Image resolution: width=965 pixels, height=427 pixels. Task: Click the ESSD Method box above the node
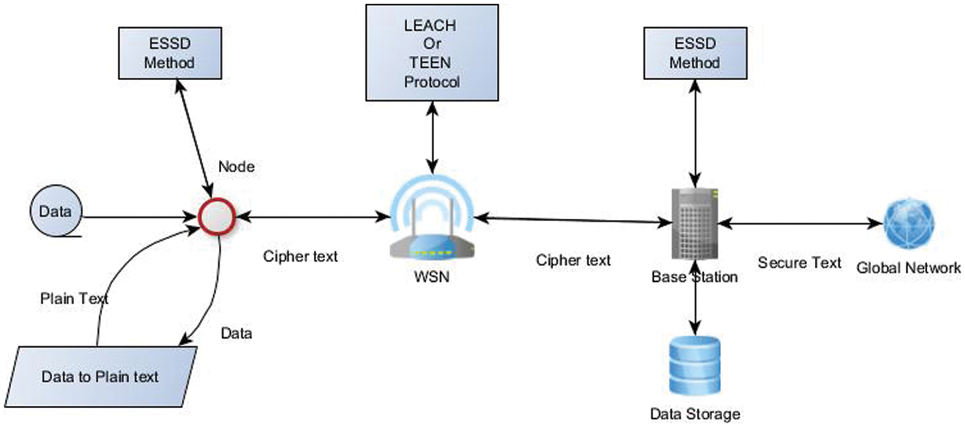[x=170, y=53]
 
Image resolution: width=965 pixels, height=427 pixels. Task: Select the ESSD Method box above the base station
[x=695, y=53]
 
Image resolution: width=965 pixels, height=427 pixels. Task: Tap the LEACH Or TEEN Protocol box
[x=432, y=53]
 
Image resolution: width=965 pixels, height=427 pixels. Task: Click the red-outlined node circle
[x=217, y=217]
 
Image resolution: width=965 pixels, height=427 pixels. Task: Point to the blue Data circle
[x=55, y=211]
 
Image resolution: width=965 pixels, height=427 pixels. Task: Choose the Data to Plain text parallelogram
[x=101, y=376]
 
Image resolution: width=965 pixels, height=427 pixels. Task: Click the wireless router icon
[x=432, y=223]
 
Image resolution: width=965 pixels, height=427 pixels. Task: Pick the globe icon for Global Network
[x=909, y=223]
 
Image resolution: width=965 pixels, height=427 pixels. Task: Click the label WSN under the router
[x=432, y=277]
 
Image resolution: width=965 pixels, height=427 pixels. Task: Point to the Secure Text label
[x=799, y=262]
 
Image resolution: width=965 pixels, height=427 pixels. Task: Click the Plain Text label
[x=74, y=299]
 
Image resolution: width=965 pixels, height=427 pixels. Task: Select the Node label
[x=236, y=167]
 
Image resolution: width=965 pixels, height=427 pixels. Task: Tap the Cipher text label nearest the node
[x=300, y=256]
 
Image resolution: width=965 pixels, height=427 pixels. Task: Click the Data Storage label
[x=695, y=414]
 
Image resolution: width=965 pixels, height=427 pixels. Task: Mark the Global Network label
[x=908, y=268]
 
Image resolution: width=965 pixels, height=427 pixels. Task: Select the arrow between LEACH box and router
[x=432, y=137]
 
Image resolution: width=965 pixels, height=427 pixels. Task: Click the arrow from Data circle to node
[x=137, y=217]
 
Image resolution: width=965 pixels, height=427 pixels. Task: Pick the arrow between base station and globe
[x=800, y=223]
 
